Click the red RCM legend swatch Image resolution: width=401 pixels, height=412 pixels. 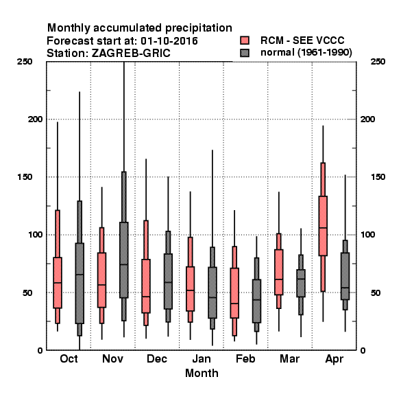tap(245, 41)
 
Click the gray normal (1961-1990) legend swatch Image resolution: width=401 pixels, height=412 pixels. tap(245, 53)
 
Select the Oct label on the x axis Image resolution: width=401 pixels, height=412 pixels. tap(69, 359)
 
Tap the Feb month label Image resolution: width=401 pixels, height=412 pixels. tap(245, 359)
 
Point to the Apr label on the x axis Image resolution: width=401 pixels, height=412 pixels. tap(334, 359)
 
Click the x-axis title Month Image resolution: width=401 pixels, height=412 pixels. tap(202, 374)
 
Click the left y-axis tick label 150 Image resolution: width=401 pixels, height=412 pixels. tap(25, 177)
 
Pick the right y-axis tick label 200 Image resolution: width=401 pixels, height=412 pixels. tap(367, 119)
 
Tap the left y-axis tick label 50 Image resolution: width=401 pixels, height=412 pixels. tap(27, 293)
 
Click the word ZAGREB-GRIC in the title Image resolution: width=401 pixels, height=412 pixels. tap(131, 54)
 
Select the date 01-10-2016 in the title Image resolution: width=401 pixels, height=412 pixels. tap(169, 41)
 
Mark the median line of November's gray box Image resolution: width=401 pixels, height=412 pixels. tap(124, 264)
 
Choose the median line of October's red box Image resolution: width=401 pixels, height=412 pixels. tap(58, 283)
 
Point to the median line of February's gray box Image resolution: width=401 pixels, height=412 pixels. tap(257, 300)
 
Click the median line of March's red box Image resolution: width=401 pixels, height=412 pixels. tap(279, 279)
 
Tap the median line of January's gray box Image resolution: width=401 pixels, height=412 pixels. tap(212, 298)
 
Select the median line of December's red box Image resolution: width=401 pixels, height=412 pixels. tap(146, 297)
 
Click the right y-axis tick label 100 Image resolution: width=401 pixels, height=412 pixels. tap(367, 235)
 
